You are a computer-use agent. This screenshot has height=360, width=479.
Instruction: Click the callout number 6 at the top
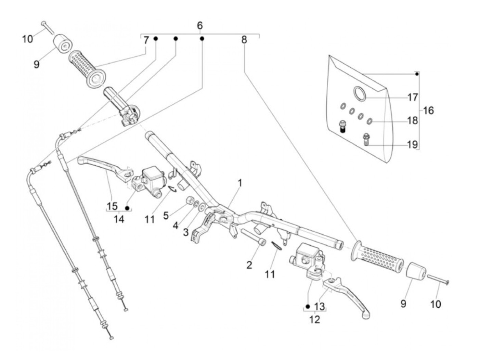[x=200, y=26]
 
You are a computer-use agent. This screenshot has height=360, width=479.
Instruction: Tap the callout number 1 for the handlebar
[x=240, y=183]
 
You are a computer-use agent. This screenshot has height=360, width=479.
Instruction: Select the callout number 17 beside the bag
[x=413, y=97]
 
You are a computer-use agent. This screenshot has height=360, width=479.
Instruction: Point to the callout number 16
[x=428, y=111]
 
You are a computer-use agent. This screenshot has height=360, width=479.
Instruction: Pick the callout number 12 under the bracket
[x=314, y=320]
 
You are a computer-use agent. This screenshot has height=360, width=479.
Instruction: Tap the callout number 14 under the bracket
[x=119, y=219]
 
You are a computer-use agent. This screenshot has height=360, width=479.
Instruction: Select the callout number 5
[x=166, y=216]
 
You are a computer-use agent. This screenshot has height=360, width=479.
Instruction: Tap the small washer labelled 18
[x=370, y=121]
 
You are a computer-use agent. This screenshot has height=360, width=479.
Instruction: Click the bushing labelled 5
[x=190, y=200]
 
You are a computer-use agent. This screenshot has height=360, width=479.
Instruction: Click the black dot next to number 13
[x=308, y=307]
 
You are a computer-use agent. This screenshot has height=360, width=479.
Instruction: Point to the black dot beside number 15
[x=127, y=208]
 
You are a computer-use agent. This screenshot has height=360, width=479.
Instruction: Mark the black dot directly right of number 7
[x=155, y=39]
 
